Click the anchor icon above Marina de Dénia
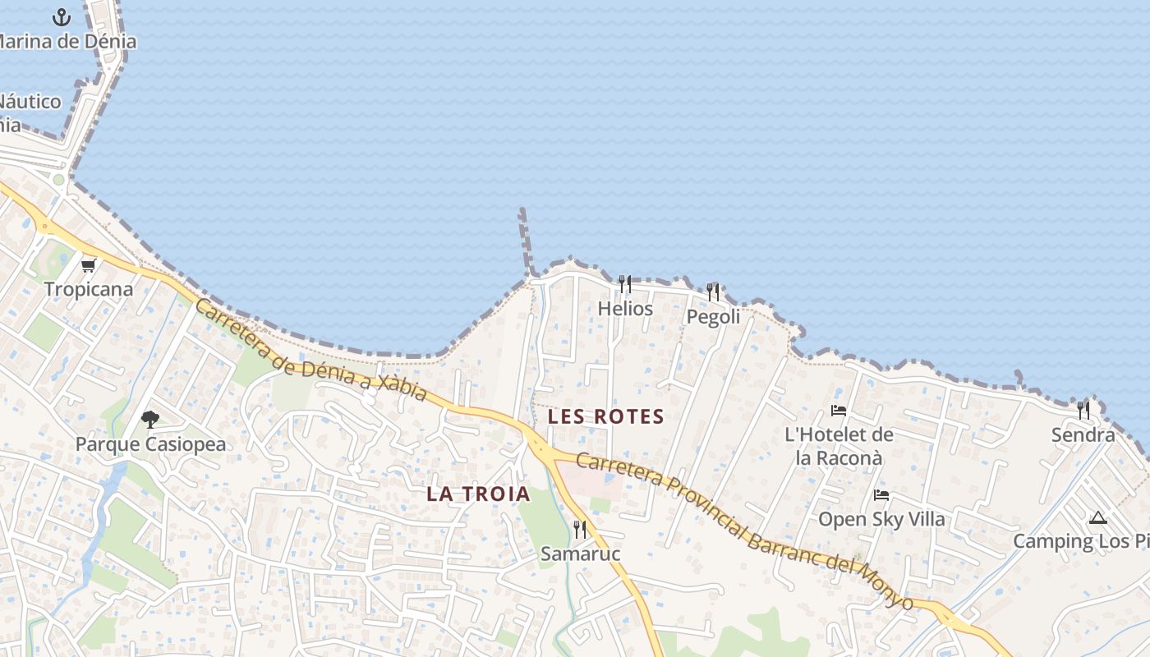pos(62,16)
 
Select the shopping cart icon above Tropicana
pos(89,265)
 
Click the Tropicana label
pos(89,289)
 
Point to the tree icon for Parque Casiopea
pos(149,420)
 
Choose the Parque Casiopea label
pos(150,444)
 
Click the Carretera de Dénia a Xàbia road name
pos(311,350)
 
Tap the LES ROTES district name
pos(606,416)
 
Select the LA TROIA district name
pos(479,494)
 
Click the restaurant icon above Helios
pos(625,284)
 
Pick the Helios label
pos(626,309)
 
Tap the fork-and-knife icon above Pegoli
pos(713,292)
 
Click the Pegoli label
pos(714,316)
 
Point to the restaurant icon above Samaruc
pos(580,529)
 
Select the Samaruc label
pos(580,554)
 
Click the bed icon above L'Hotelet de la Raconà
pos(839,410)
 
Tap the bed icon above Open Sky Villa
pos(881,494)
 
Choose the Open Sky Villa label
pos(881,519)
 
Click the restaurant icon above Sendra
pos(1083,409)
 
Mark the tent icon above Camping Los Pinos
pos(1098,517)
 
